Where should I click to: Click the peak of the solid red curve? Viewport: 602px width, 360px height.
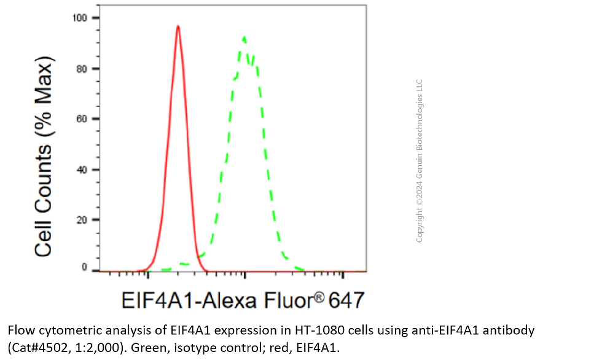[x=178, y=26]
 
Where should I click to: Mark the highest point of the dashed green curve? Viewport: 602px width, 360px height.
[x=244, y=37]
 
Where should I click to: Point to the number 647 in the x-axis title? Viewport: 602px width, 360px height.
[x=346, y=301]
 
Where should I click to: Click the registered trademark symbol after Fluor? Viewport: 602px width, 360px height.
[x=321, y=297]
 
